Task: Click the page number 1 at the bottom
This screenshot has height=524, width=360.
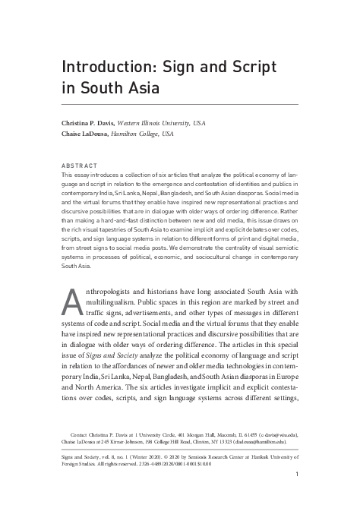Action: coord(296,475)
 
